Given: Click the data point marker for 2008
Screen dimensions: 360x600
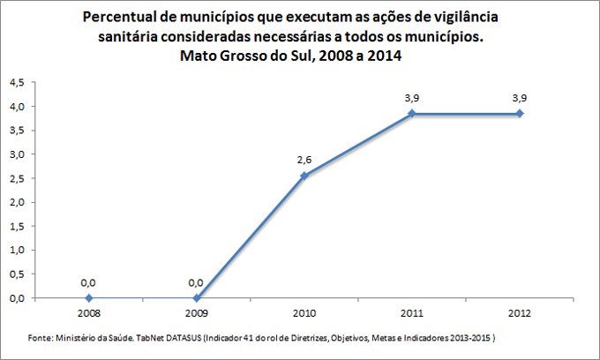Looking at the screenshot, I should point(88,298).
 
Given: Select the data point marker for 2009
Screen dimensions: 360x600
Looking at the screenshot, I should point(196,298).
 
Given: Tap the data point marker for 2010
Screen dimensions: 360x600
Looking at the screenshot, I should point(304,176).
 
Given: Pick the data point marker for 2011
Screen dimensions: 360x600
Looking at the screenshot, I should point(411,114).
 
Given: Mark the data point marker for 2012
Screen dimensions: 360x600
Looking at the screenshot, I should point(520,114).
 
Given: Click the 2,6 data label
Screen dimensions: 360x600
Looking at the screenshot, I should point(304,160).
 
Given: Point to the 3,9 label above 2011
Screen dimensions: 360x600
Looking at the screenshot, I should point(411,97).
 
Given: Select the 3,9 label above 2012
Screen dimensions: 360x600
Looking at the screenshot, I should point(520,97).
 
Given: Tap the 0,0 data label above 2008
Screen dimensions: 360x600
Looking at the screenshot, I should point(88,282).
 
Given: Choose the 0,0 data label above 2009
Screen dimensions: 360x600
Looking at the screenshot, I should point(196,282).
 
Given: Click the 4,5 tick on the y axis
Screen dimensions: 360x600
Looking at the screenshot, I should point(17,82).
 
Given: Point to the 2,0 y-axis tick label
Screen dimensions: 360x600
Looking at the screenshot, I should point(17,202).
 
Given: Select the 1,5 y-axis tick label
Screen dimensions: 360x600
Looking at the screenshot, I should point(17,226).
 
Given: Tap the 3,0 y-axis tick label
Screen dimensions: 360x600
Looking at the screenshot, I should point(17,154).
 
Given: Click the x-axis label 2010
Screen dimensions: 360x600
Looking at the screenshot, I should point(304,312).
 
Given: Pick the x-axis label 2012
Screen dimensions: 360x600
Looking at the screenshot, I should point(520,312).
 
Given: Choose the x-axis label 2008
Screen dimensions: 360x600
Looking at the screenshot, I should point(88,312).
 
